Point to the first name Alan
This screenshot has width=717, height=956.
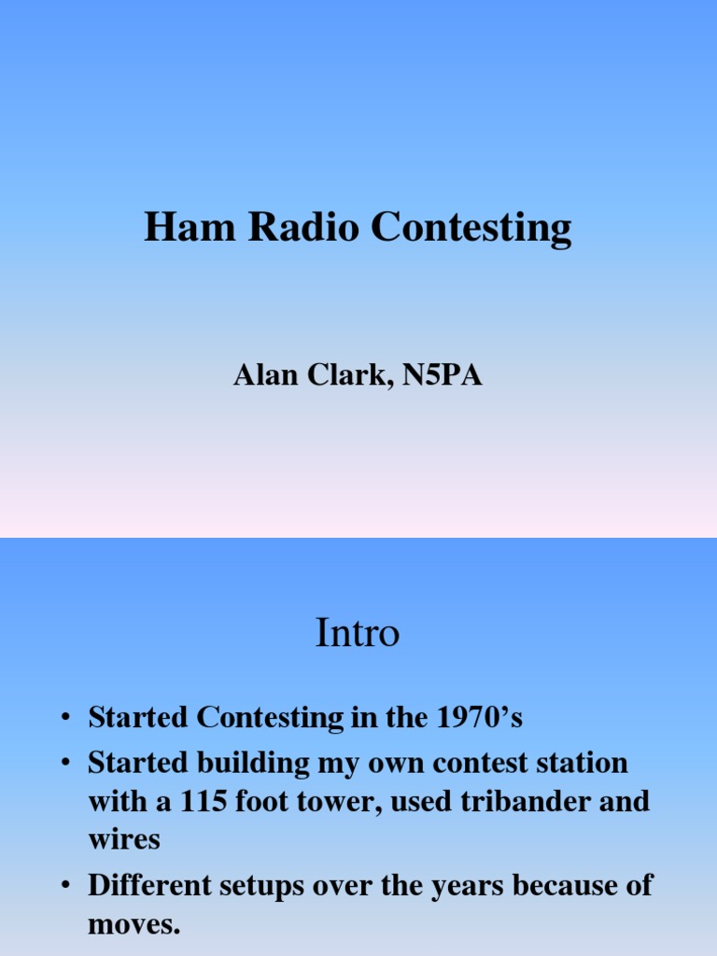tap(260, 376)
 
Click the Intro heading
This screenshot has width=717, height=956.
tap(358, 634)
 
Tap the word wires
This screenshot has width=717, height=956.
tap(123, 838)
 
